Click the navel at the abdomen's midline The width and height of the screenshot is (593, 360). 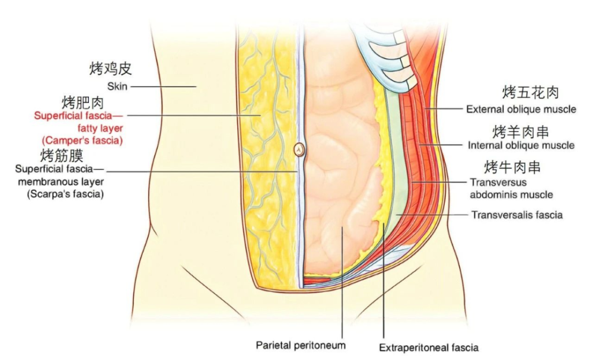[299, 150]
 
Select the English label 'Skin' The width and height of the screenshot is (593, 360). [117, 86]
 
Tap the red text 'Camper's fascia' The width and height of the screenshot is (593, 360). [82, 141]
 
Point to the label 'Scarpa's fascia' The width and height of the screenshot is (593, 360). [65, 194]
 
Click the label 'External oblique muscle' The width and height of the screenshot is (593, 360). [521, 109]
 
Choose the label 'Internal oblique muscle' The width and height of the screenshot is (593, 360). [521, 145]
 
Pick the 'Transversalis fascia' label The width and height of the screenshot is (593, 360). [517, 215]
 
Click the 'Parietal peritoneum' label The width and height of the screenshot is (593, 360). [301, 345]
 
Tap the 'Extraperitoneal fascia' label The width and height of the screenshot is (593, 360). [429, 348]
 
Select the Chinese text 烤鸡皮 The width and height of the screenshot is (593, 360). [110, 68]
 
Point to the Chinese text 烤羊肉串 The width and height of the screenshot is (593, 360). [521, 132]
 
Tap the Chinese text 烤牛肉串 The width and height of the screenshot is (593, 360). [512, 167]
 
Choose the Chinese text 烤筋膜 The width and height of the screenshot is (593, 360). [62, 155]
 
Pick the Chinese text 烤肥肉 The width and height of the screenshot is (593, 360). [82, 103]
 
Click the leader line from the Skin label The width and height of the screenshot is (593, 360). [164, 87]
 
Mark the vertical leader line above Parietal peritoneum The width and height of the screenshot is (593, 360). [342, 282]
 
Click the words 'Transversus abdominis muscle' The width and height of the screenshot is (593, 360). [511, 189]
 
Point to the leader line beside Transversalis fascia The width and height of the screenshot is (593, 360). [432, 215]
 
